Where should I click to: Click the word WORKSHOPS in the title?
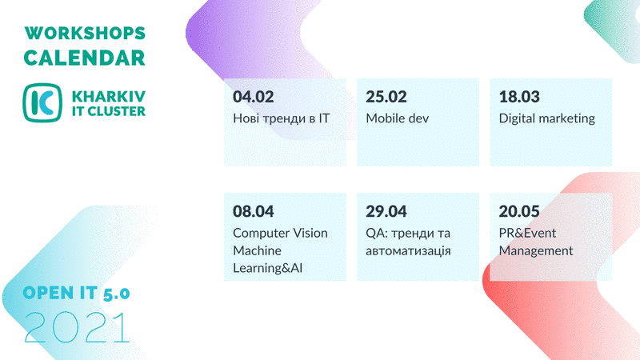pos(85,33)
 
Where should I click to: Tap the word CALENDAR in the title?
pos(85,58)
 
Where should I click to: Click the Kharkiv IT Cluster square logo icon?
pos(42,103)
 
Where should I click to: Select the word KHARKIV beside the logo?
pos(109,97)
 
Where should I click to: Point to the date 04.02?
pos(253,97)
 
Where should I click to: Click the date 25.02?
pos(386,97)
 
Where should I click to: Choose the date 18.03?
pos(519,97)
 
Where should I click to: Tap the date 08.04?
pos(253,211)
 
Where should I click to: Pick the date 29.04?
pos(386,211)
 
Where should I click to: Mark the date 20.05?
pos(519,211)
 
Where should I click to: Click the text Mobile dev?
pos(397,118)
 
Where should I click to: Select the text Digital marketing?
pos(547,118)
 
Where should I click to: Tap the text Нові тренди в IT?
pos(282,118)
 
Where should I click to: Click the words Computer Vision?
pos(281,233)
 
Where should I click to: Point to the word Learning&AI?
pos(268,268)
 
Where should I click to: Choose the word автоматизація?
pos(408,250)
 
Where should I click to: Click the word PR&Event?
pos(527,233)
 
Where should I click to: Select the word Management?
pos(536,251)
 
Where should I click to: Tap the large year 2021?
pos(77,327)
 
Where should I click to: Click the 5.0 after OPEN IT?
pos(116,294)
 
